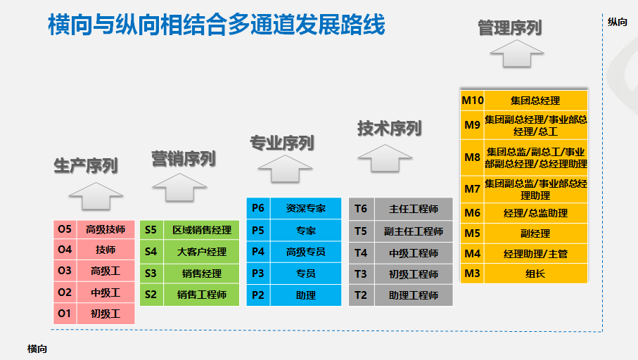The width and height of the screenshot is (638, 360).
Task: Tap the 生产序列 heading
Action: pyautogui.click(x=86, y=166)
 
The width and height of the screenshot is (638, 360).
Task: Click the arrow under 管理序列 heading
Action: pyautogui.click(x=517, y=53)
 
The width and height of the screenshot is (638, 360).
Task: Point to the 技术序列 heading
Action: pyautogui.click(x=389, y=129)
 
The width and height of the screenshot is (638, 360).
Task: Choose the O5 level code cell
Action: pyautogui.click(x=65, y=229)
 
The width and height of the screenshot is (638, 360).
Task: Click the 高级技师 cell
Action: pyautogui.click(x=106, y=229)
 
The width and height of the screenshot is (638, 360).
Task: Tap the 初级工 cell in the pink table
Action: pyautogui.click(x=106, y=314)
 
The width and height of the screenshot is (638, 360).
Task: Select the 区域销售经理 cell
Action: pyautogui.click(x=202, y=230)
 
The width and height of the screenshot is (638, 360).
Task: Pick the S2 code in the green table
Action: pyautogui.click(x=151, y=295)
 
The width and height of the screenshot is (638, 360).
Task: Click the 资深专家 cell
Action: pyautogui.click(x=306, y=208)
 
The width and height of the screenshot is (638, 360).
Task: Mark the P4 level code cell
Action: pyautogui.click(x=257, y=252)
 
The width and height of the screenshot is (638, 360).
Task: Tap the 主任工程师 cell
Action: pyautogui.click(x=414, y=209)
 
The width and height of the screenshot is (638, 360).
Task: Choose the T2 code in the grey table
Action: pyautogui.click(x=361, y=295)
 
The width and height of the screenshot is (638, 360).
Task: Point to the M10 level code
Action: pyautogui.click(x=472, y=101)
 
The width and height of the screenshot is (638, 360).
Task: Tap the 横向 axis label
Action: pyautogui.click(x=37, y=348)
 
